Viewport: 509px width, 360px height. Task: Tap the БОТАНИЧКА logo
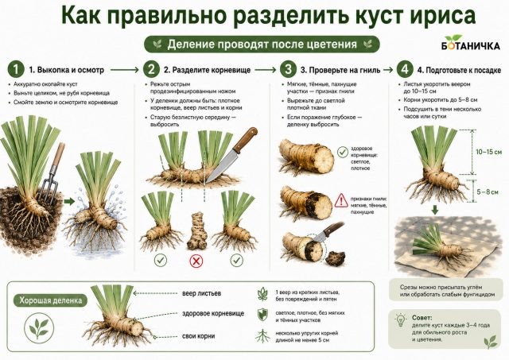click(470, 42)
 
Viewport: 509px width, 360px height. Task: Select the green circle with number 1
click(16, 69)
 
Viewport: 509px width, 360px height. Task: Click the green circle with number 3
click(288, 69)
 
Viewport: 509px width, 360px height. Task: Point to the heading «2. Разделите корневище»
click(207, 70)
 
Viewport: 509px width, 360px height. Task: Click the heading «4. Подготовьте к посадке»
click(459, 70)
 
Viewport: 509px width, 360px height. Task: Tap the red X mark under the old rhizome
click(196, 261)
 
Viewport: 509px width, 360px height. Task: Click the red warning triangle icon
click(341, 201)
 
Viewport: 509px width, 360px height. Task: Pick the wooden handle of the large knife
click(246, 140)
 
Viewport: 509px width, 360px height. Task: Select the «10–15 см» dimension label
click(488, 152)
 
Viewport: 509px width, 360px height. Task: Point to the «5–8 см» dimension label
click(488, 192)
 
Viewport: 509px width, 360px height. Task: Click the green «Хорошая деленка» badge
click(50, 300)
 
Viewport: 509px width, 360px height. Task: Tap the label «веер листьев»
click(201, 293)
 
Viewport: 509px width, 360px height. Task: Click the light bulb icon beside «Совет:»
click(401, 321)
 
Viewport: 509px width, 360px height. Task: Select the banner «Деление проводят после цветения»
click(262, 45)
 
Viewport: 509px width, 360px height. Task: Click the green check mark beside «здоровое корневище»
click(343, 152)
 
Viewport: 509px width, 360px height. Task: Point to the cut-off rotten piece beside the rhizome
click(336, 257)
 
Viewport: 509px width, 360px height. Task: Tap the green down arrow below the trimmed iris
click(435, 210)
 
